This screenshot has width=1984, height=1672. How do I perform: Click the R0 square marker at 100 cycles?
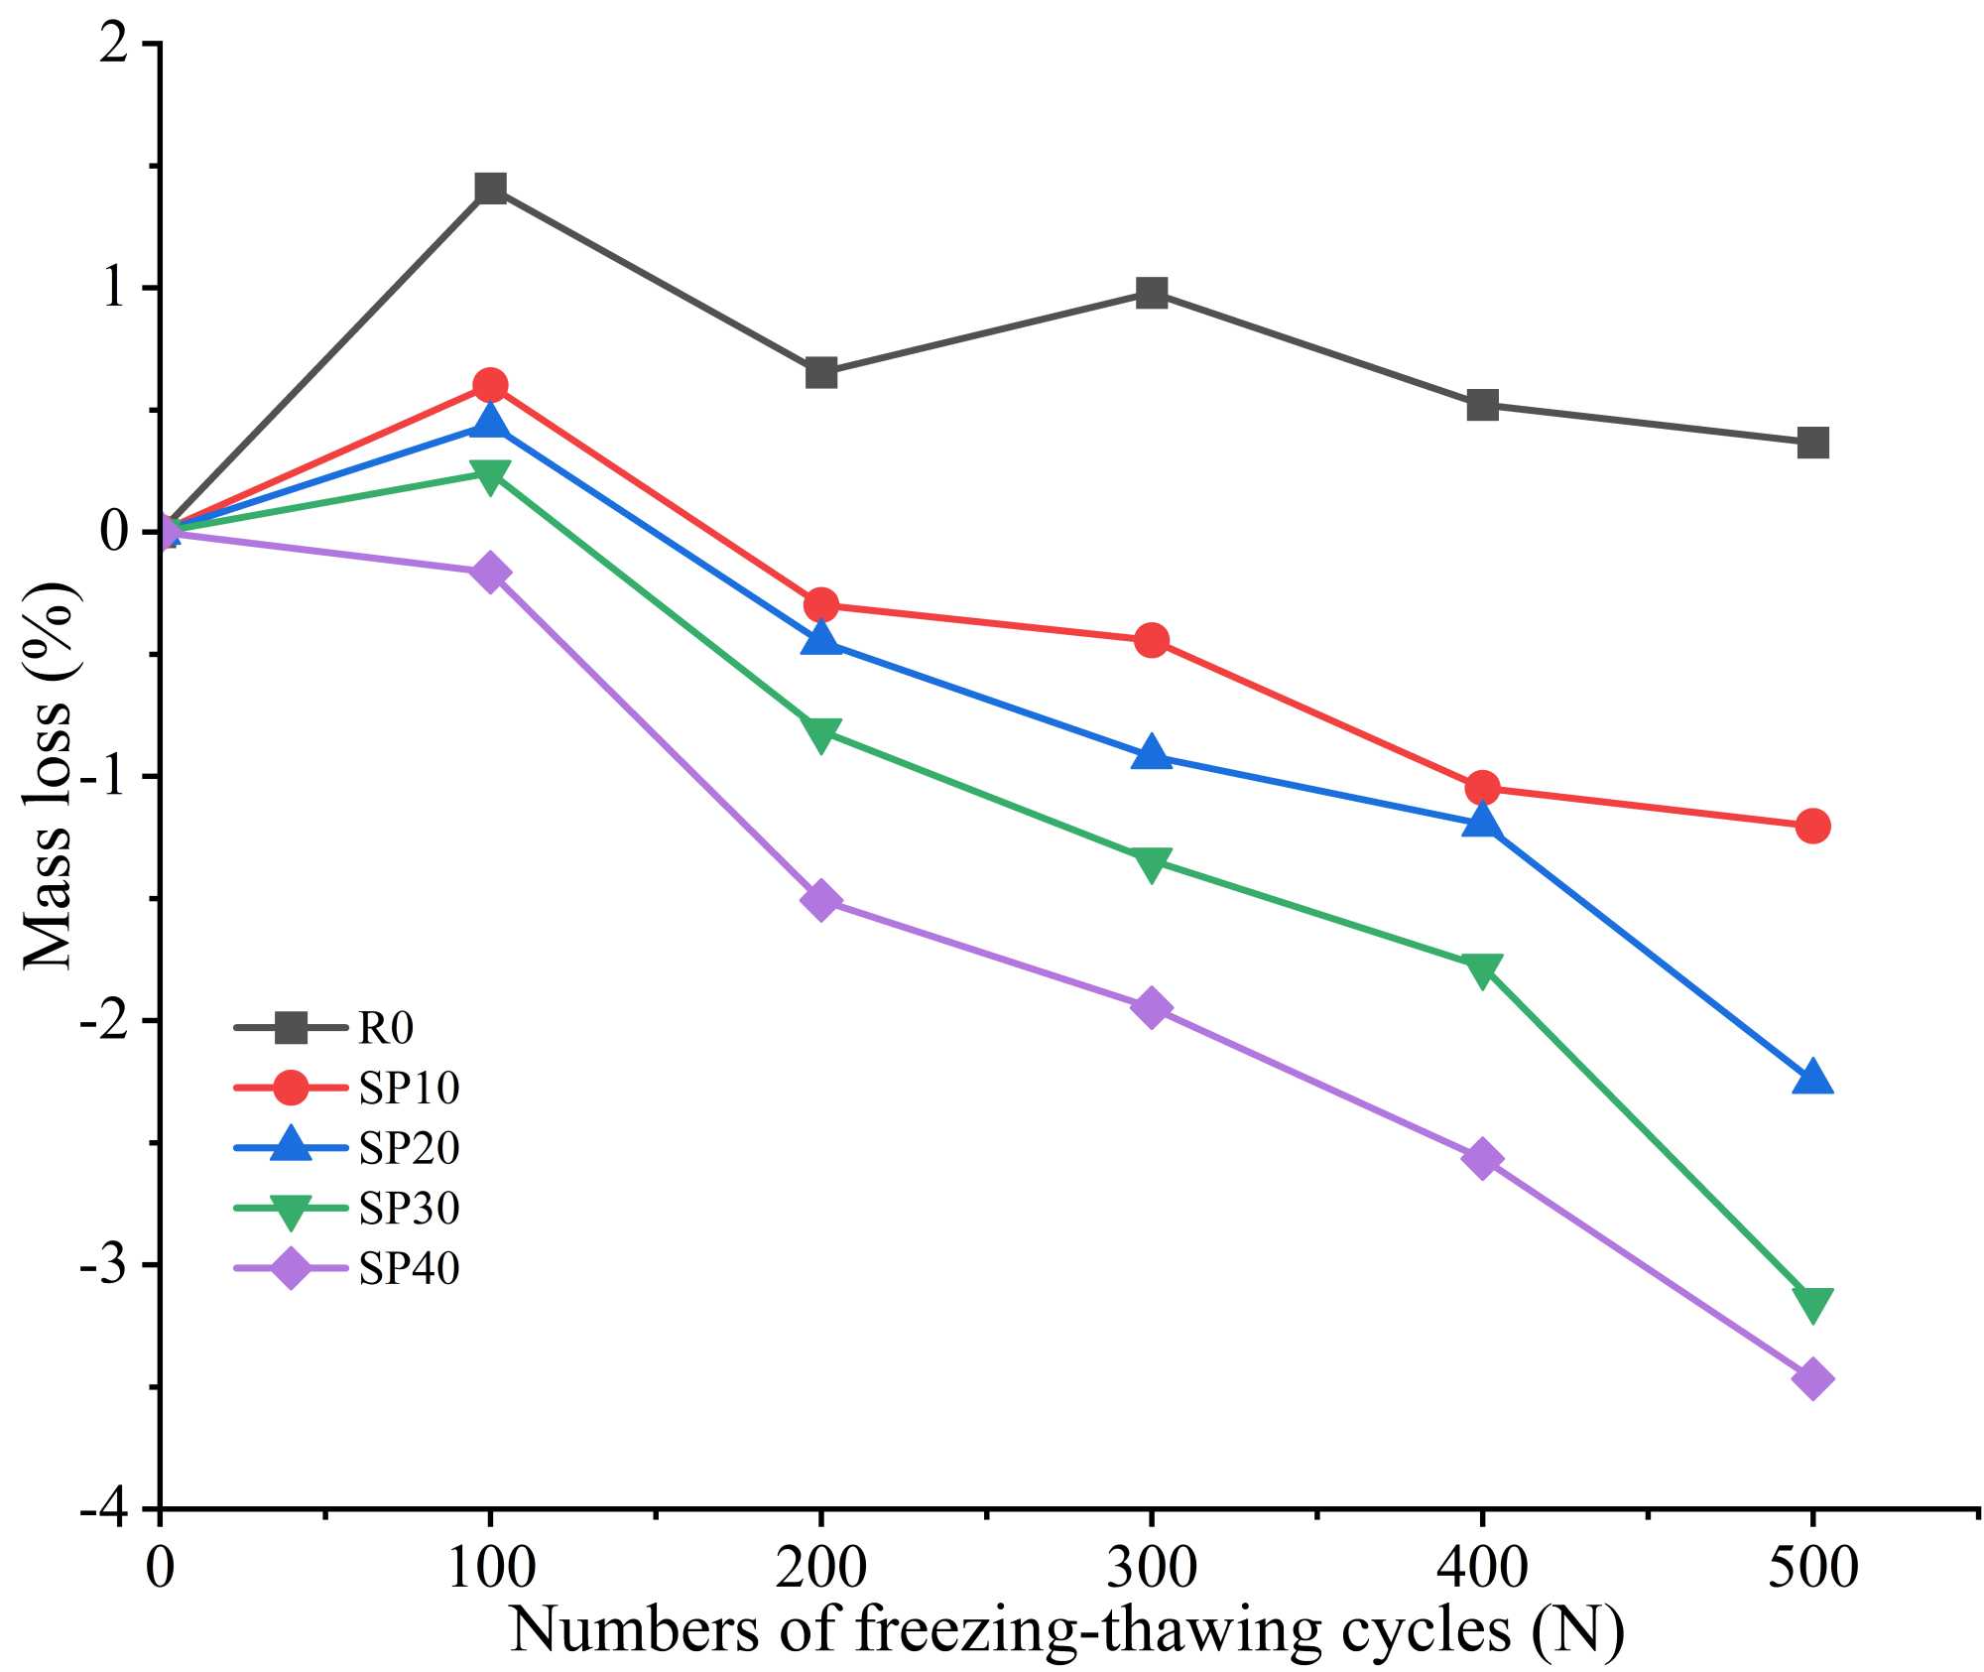(490, 188)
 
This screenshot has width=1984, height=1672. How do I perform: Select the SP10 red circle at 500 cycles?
(1811, 826)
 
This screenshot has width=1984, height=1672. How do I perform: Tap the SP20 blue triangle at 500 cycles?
(1811, 1079)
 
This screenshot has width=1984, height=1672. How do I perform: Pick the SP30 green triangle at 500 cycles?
(1811, 1303)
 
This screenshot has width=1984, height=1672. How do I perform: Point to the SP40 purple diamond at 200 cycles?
(820, 900)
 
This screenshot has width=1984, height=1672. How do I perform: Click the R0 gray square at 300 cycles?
(1151, 293)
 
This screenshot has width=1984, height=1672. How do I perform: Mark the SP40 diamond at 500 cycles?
(1811, 1379)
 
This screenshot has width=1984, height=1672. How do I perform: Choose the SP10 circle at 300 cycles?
(1151, 640)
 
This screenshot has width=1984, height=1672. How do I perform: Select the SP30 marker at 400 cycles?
(1481, 968)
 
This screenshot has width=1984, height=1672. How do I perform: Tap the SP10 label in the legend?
(409, 1089)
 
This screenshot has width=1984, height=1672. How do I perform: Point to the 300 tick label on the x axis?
(1151, 1569)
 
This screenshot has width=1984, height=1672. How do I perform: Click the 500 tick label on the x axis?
(1811, 1569)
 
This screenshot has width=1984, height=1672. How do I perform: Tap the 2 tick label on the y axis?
(117, 45)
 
